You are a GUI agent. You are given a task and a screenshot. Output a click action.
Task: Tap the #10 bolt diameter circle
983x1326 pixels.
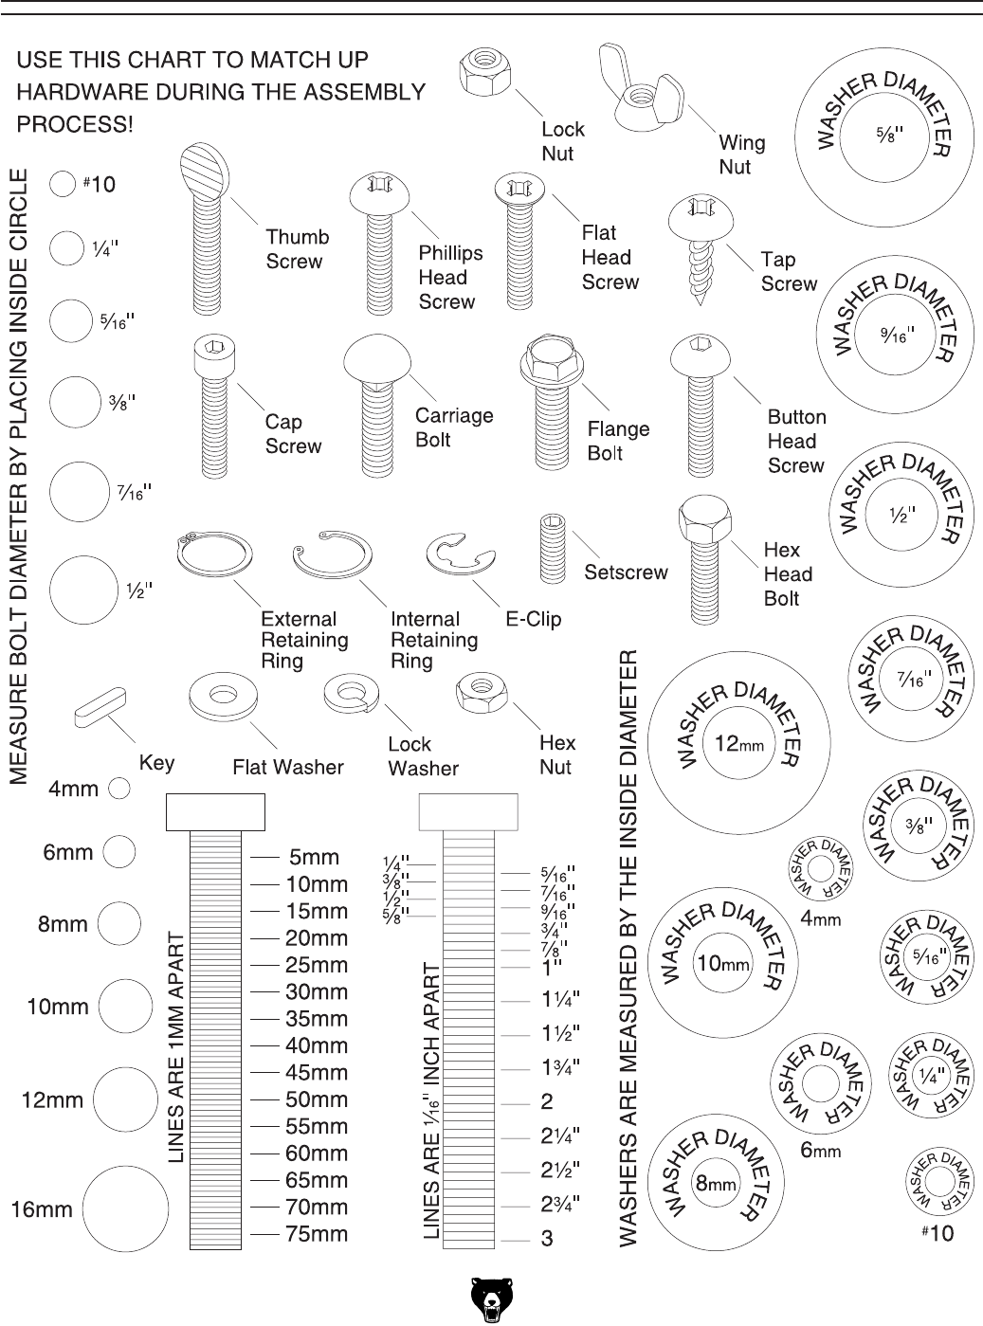point(63,184)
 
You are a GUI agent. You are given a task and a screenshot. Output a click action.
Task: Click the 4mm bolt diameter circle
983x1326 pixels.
point(118,789)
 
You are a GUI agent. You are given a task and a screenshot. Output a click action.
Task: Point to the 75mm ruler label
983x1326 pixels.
point(317,1234)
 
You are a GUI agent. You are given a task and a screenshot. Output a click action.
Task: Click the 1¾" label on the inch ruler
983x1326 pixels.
point(561,1068)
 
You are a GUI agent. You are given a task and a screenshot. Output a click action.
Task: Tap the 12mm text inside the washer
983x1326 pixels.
point(738,744)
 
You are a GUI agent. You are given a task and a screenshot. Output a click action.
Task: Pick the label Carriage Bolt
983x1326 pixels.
point(454,427)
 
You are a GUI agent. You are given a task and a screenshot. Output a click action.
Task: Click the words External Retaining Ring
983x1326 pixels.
point(303,640)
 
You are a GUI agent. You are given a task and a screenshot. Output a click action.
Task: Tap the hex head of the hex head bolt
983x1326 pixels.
point(702,517)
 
